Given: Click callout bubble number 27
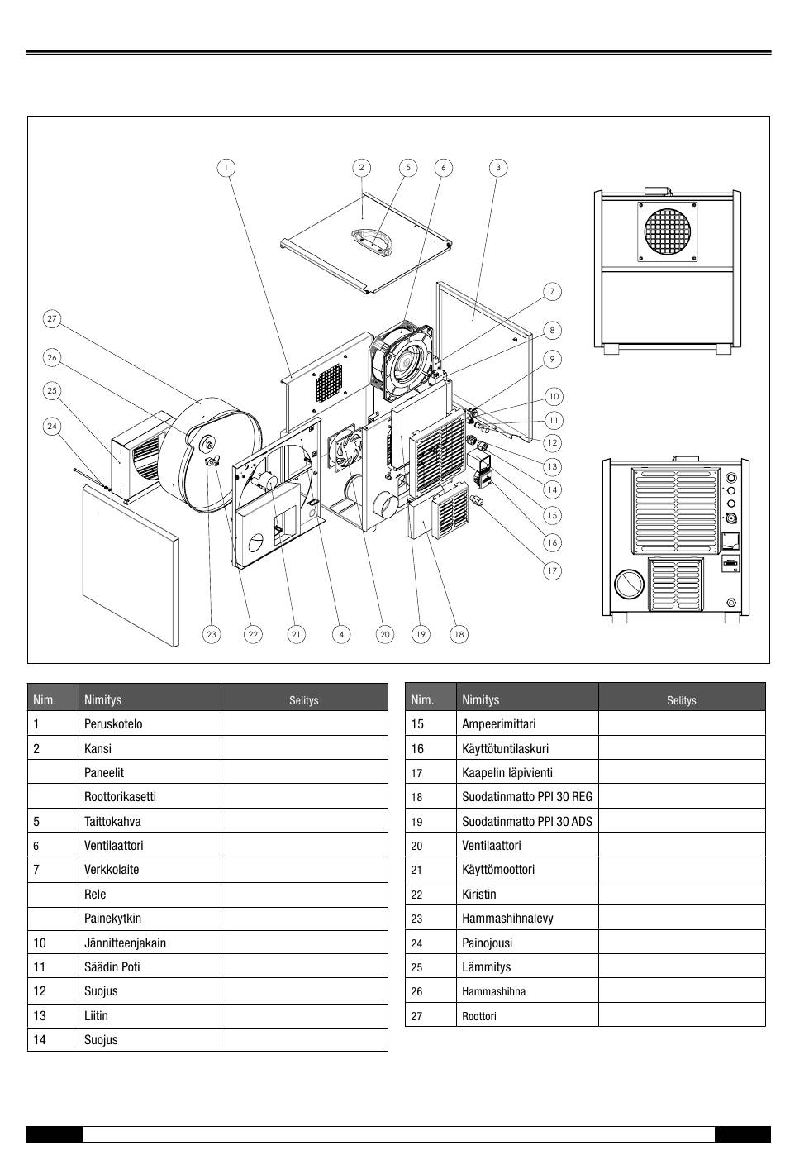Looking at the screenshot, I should (x=52, y=319).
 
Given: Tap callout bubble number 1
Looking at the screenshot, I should (x=226, y=168).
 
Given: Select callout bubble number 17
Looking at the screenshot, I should (x=552, y=570).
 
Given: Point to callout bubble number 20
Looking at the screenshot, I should (x=384, y=634).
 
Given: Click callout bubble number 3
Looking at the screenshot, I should (x=497, y=168).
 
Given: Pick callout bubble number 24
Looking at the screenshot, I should (x=52, y=427).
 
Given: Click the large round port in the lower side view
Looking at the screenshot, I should (x=630, y=584).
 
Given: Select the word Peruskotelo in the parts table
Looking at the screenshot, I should (x=113, y=724).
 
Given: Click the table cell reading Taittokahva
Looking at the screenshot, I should (x=112, y=822).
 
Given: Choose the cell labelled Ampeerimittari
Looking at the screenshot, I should (x=498, y=724).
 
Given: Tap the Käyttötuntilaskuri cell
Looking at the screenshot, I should (x=505, y=749).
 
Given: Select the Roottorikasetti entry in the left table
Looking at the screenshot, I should (x=120, y=797).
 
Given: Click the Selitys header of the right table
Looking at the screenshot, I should (x=681, y=700).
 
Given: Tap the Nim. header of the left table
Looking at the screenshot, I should (x=45, y=700).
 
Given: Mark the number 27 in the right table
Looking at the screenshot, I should (x=416, y=1016).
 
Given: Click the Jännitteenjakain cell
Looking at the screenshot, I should (x=125, y=943).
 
